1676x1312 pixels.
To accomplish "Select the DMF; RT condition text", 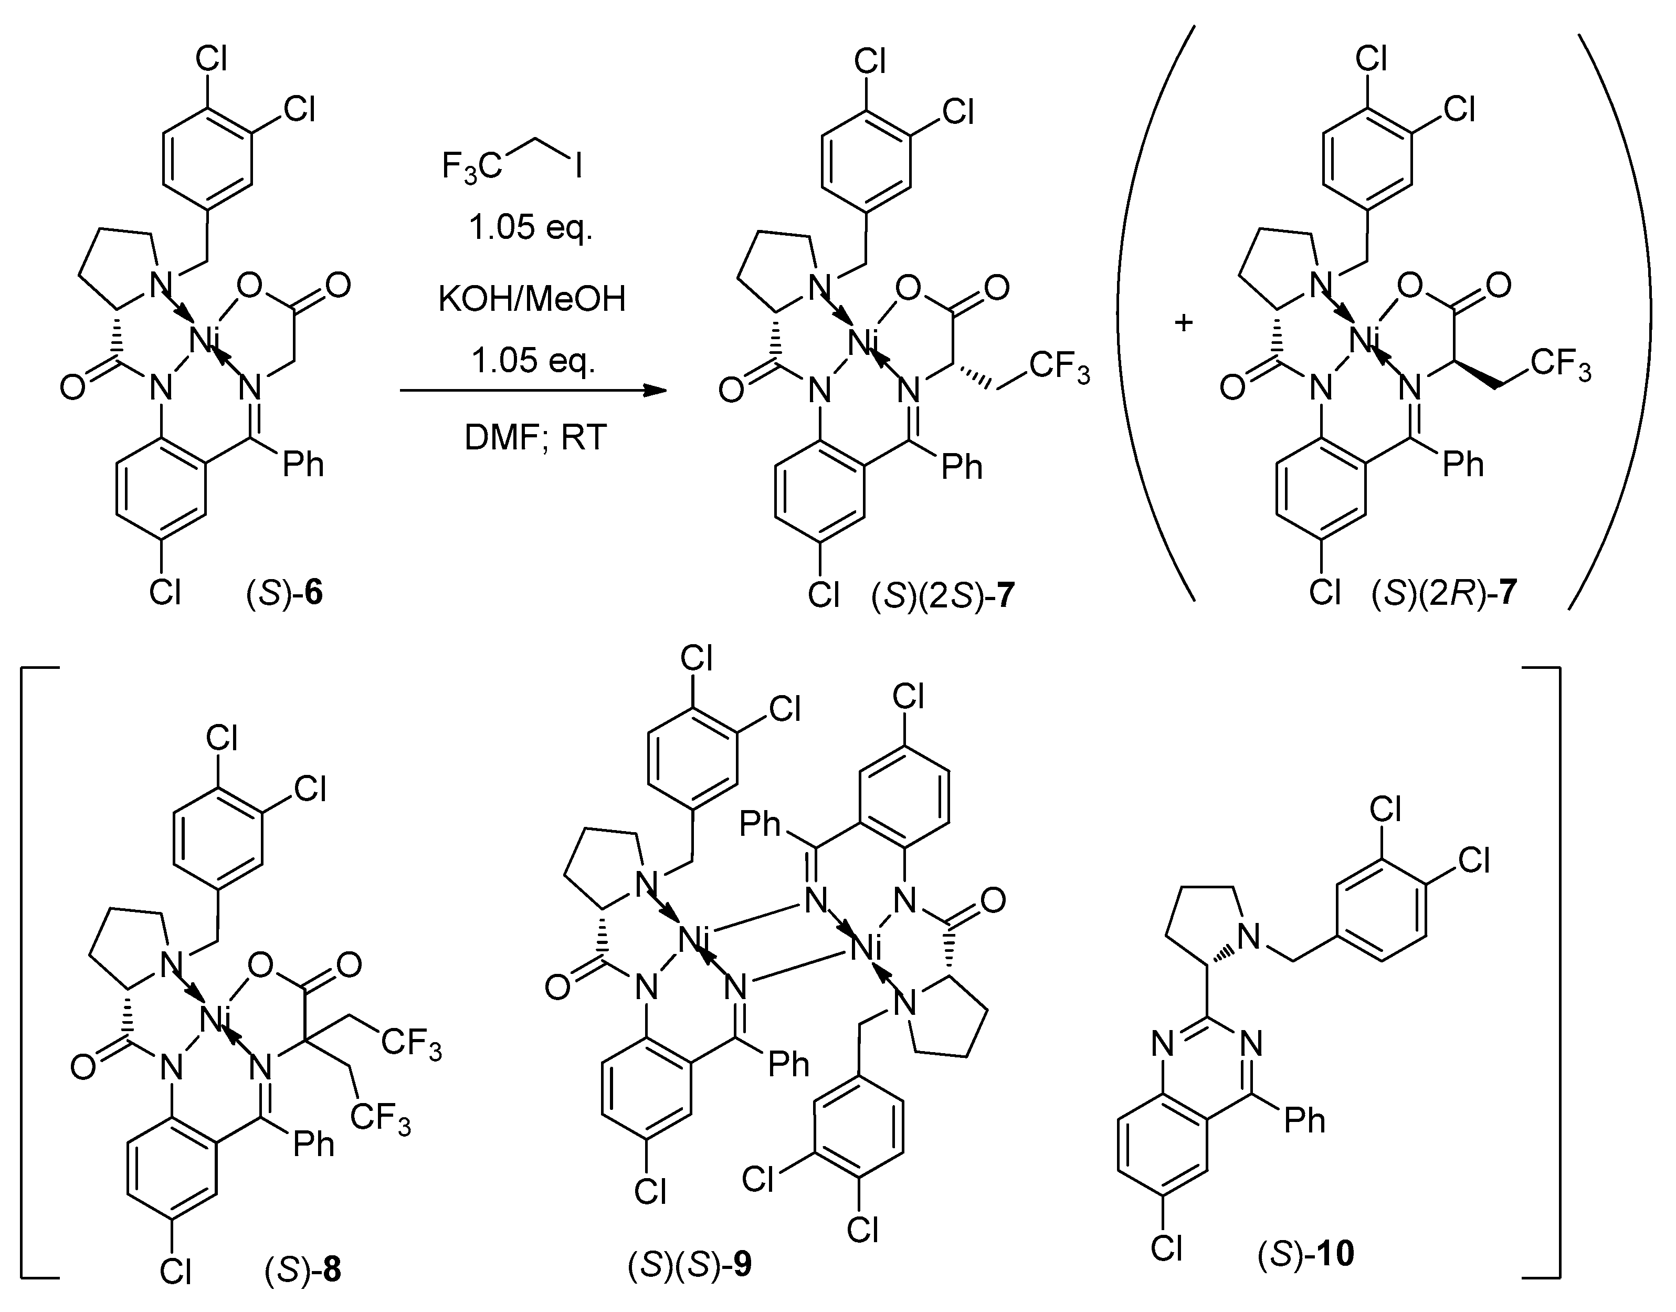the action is [x=535, y=438].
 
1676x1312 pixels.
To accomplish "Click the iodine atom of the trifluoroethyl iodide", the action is [x=577, y=166].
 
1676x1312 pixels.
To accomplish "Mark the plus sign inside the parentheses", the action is [x=1184, y=323].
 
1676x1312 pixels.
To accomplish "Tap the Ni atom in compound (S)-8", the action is [x=214, y=1020].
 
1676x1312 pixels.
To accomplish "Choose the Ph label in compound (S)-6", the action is [x=303, y=465].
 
